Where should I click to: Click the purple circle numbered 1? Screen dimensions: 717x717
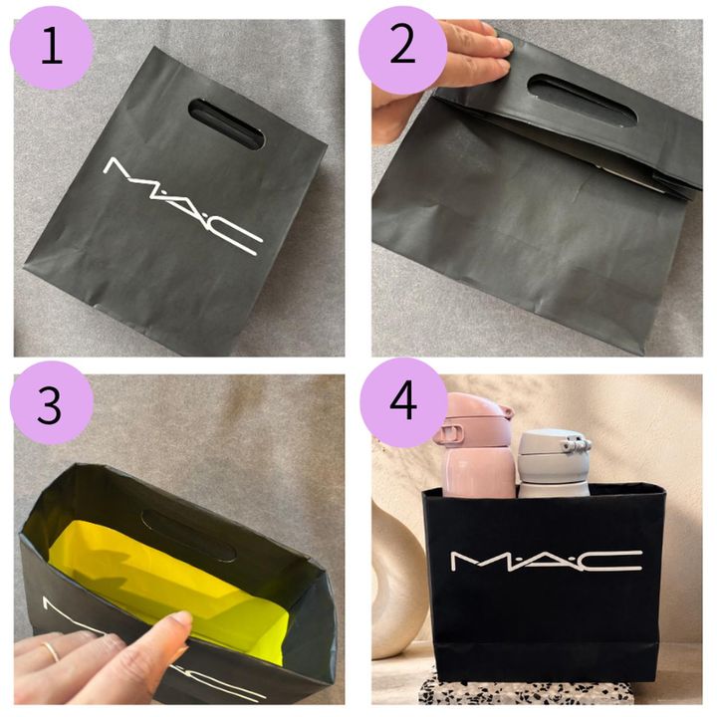[52, 48]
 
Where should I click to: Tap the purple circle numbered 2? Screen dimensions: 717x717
[402, 49]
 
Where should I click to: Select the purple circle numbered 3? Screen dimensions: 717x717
[52, 403]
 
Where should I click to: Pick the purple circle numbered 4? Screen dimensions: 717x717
[403, 402]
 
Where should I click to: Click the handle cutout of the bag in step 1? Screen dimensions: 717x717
[226, 124]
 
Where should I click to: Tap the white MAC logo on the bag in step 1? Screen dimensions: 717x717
[183, 206]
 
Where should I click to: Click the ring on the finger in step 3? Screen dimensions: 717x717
[51, 650]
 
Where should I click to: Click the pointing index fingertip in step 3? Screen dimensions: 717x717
[180, 622]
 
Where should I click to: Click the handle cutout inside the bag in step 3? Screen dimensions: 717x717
[188, 536]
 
